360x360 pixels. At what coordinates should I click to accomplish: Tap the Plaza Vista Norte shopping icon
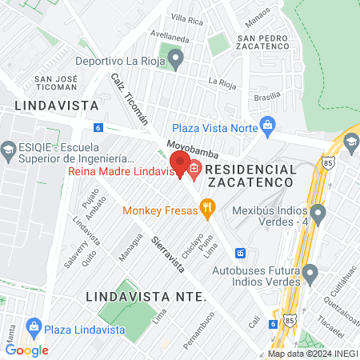coord(267,126)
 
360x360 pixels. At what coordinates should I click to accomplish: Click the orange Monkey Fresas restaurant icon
coord(208,210)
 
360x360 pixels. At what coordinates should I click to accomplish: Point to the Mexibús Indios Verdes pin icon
coord(318,214)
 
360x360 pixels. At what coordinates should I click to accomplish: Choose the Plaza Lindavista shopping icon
coord(34,328)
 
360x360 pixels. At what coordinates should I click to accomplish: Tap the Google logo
coord(26,350)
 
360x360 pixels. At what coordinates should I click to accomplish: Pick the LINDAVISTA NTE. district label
coord(146,297)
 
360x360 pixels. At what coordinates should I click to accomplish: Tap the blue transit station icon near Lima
coord(239,253)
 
